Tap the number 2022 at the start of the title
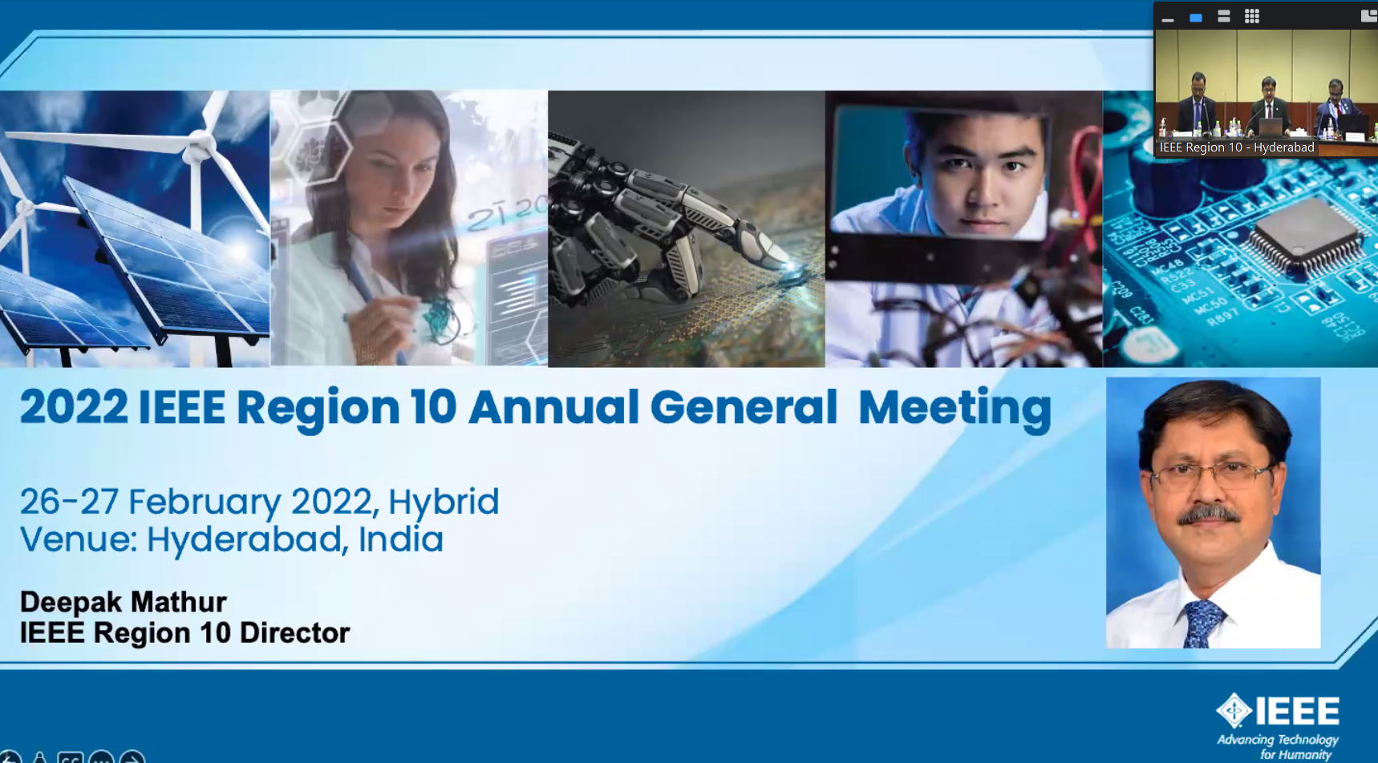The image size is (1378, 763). click(74, 407)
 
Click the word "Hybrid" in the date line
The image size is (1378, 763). click(444, 503)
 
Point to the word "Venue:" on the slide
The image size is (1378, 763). click(78, 539)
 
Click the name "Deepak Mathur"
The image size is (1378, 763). click(123, 602)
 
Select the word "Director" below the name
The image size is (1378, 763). click(294, 633)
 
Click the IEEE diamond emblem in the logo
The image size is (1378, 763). click(1234, 710)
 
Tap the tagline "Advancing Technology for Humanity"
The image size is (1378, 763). click(1278, 747)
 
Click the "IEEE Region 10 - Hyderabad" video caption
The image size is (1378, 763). click(1237, 147)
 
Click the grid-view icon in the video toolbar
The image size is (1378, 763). click(1252, 16)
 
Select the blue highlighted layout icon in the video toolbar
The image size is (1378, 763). click(1196, 18)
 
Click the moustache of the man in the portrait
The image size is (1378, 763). click(1207, 513)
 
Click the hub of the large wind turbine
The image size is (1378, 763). click(200, 145)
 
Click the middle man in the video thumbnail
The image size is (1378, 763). click(1268, 104)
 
